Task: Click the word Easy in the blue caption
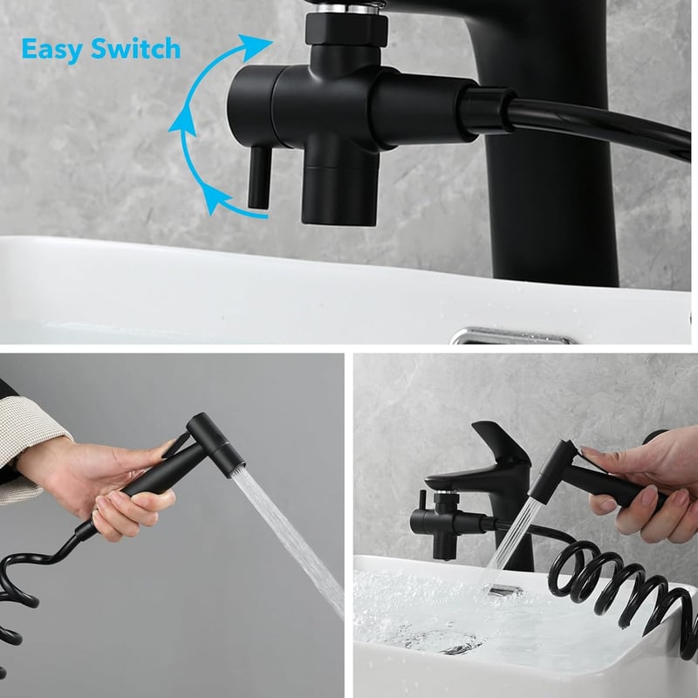pyautogui.click(x=51, y=50)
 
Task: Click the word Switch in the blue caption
pyautogui.click(x=136, y=49)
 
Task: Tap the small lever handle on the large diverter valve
pyautogui.click(x=259, y=177)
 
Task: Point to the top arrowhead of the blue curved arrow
pyautogui.click(x=255, y=47)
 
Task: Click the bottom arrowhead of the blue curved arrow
pyautogui.click(x=216, y=199)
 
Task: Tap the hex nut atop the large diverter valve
pyautogui.click(x=346, y=30)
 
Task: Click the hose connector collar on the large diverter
pyautogui.click(x=486, y=111)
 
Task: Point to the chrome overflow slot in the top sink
pyautogui.click(x=512, y=337)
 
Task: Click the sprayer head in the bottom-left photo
pyautogui.click(x=216, y=445)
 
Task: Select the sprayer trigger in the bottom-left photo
pyautogui.click(x=177, y=445)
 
